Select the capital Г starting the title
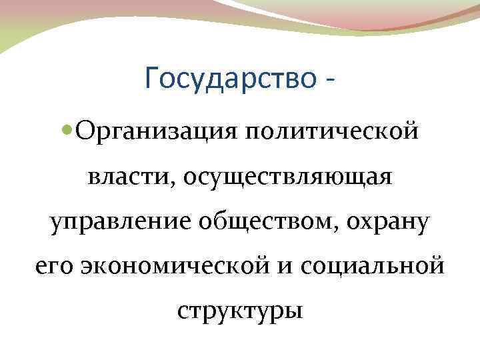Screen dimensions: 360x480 (151, 79)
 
